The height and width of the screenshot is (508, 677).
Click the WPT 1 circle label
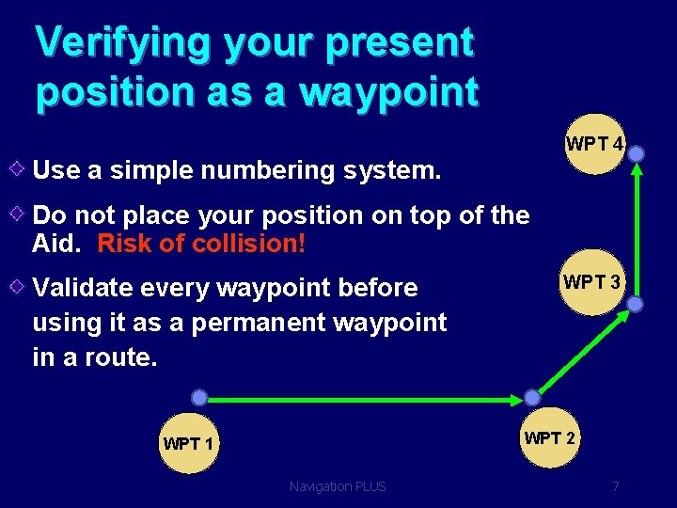pos(188,443)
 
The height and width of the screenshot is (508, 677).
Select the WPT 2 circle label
pos(550,437)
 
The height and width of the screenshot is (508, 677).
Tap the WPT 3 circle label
pos(591,282)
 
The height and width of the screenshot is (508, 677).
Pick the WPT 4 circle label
pos(594,145)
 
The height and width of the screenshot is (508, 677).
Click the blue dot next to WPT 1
pos(199,397)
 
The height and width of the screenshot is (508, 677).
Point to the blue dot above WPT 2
pos(532,397)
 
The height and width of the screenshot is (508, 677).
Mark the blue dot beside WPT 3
pos(636,304)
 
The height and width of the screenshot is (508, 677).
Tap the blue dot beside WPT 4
pos(637,152)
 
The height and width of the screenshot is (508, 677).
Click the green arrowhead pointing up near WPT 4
pos(637,171)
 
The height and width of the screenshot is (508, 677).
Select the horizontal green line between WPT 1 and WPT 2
pos(367,398)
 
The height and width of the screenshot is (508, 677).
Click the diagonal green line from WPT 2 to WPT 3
pos(583,351)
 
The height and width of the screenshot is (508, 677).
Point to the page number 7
pos(615,486)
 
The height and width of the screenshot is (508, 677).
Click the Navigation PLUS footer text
pos(338,486)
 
